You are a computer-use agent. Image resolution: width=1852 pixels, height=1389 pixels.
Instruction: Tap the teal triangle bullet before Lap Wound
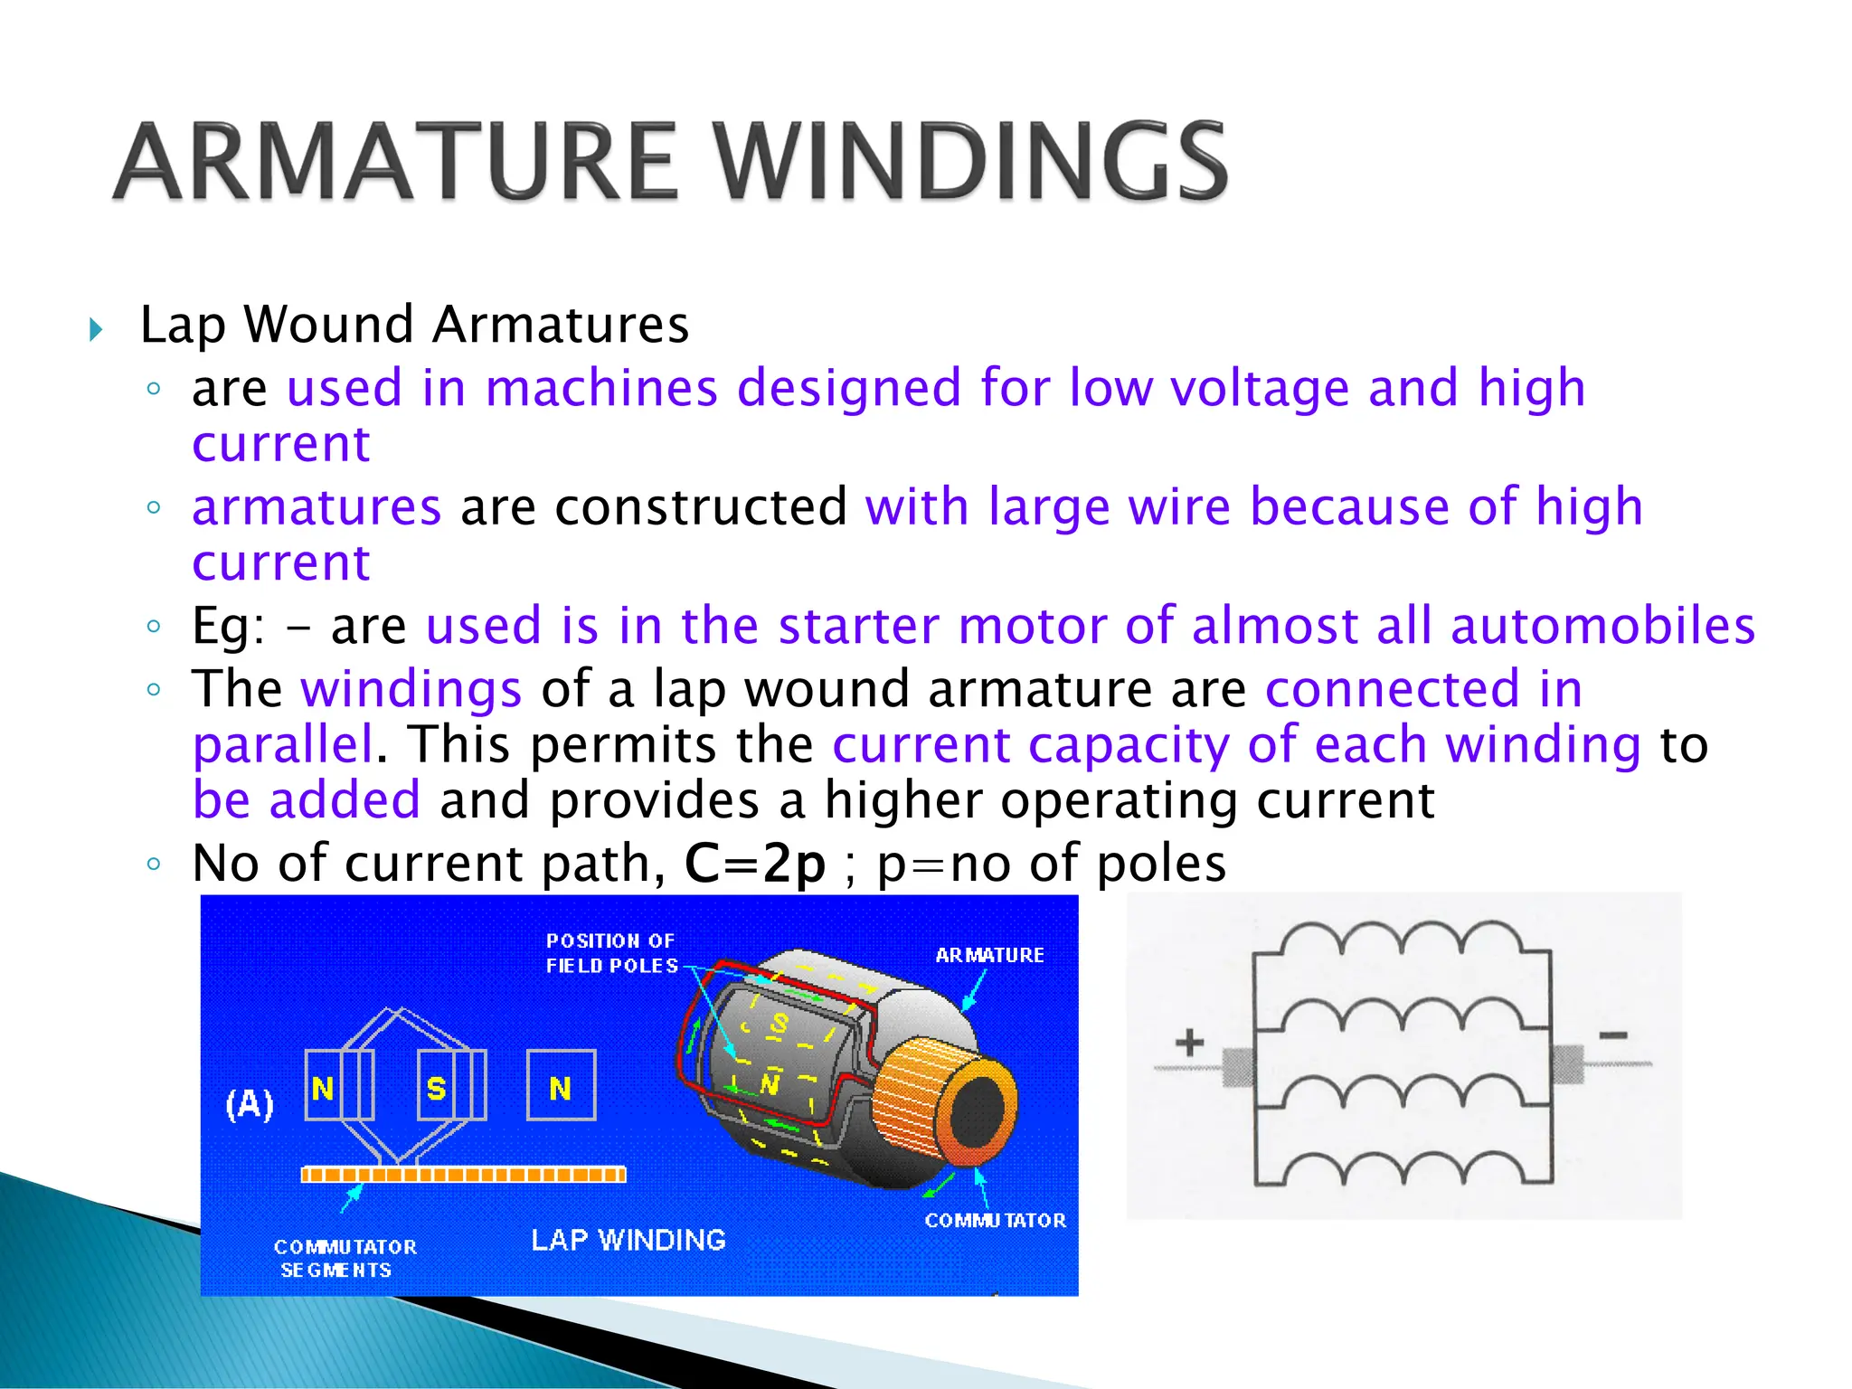pyautogui.click(x=97, y=329)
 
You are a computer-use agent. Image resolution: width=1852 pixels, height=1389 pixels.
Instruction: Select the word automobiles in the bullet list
pyautogui.click(x=1602, y=626)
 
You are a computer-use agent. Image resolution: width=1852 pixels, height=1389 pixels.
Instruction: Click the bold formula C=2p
pyautogui.click(x=755, y=864)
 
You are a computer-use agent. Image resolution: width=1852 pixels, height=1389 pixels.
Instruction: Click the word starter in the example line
pyautogui.click(x=858, y=626)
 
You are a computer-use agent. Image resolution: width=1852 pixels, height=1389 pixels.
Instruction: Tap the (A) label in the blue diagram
pyautogui.click(x=249, y=1104)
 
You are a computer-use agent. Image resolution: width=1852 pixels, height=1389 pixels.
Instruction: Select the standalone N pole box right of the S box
pyautogui.click(x=561, y=1086)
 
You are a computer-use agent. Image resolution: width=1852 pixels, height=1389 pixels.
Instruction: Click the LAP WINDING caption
pyautogui.click(x=628, y=1240)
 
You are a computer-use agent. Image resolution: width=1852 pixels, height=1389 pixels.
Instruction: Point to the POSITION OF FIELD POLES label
pyautogui.click(x=611, y=953)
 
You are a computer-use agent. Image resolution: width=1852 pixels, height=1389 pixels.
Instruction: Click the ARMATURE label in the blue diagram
pyautogui.click(x=989, y=955)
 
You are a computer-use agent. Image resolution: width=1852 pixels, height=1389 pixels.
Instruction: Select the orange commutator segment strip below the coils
pyautogui.click(x=463, y=1175)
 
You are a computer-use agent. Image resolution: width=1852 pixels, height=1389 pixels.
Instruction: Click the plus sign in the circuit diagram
pyautogui.click(x=1189, y=1043)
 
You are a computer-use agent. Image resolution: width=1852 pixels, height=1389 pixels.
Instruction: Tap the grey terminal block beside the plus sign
pyautogui.click(x=1237, y=1067)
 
